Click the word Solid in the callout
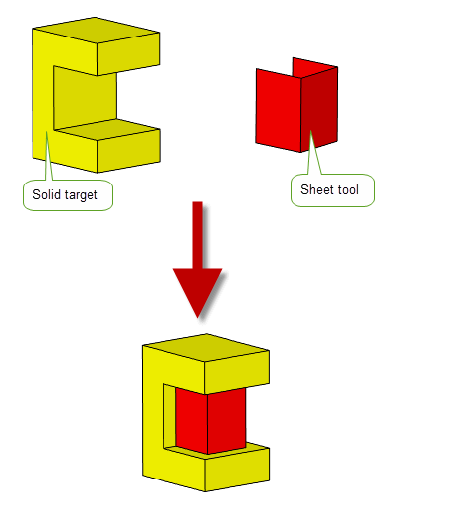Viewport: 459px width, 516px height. [x=46, y=194]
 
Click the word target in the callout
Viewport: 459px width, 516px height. [x=81, y=195]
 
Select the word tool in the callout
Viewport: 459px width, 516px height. [x=347, y=189]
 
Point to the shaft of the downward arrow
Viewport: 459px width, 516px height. [x=197, y=235]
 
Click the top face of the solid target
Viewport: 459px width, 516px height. [x=96, y=30]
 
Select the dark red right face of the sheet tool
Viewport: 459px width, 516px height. [x=319, y=110]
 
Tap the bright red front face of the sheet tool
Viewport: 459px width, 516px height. [x=279, y=111]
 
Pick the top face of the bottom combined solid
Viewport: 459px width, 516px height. [x=206, y=347]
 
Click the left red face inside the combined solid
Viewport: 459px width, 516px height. [x=191, y=420]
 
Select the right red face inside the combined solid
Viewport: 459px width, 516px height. [x=227, y=421]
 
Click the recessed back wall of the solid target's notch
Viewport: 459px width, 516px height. [x=85, y=98]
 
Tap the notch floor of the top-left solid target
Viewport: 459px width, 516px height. [x=106, y=129]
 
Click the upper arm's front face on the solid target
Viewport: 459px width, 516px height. [x=128, y=54]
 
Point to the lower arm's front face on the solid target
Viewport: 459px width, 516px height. [x=128, y=151]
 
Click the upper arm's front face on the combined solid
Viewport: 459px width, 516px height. [x=237, y=373]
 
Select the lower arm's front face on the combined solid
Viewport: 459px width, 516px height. [x=237, y=470]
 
